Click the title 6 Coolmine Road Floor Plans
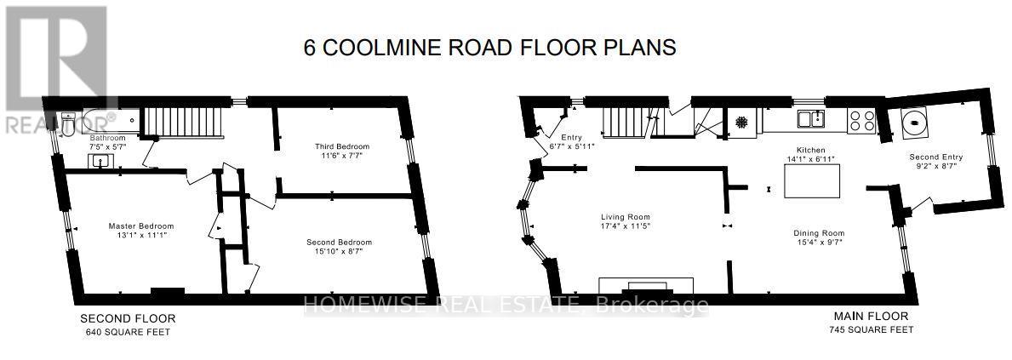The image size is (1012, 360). point(489,48)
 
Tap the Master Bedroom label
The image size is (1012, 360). point(140,226)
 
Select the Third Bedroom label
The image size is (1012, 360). point(342,146)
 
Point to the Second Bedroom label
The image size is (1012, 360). point(339,243)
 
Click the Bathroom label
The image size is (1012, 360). point(108,138)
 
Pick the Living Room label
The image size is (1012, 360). point(626,217)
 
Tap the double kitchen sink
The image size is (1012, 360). point(810,119)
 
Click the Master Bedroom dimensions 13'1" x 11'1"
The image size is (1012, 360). point(140,236)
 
